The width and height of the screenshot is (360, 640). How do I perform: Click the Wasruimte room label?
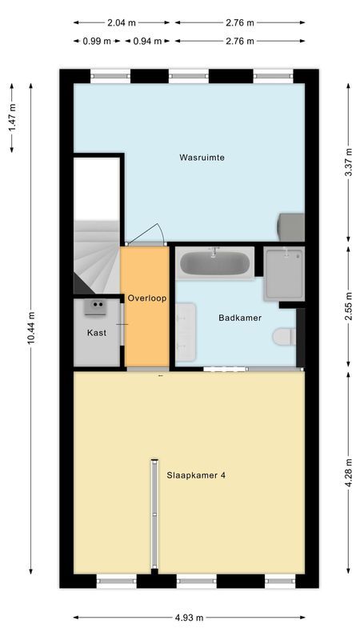point(202,158)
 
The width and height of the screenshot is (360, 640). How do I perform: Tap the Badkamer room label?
point(240,318)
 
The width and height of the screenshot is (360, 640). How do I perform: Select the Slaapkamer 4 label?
point(196,474)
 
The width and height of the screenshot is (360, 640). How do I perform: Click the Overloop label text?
point(146,298)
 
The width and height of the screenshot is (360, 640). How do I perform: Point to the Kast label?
point(97,332)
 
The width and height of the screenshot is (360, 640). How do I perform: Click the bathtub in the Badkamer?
point(215,262)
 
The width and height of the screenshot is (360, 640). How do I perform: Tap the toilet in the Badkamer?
point(283,337)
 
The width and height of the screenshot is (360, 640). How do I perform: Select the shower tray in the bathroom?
point(283,272)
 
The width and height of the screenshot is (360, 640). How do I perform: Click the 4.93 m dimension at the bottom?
point(189,618)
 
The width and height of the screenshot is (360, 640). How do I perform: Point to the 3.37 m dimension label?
point(347,160)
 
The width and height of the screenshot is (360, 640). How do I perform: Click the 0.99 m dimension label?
point(95,40)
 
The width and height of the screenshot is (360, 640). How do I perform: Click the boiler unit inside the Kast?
point(99,305)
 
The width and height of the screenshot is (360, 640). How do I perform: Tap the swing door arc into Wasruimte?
point(146,234)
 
